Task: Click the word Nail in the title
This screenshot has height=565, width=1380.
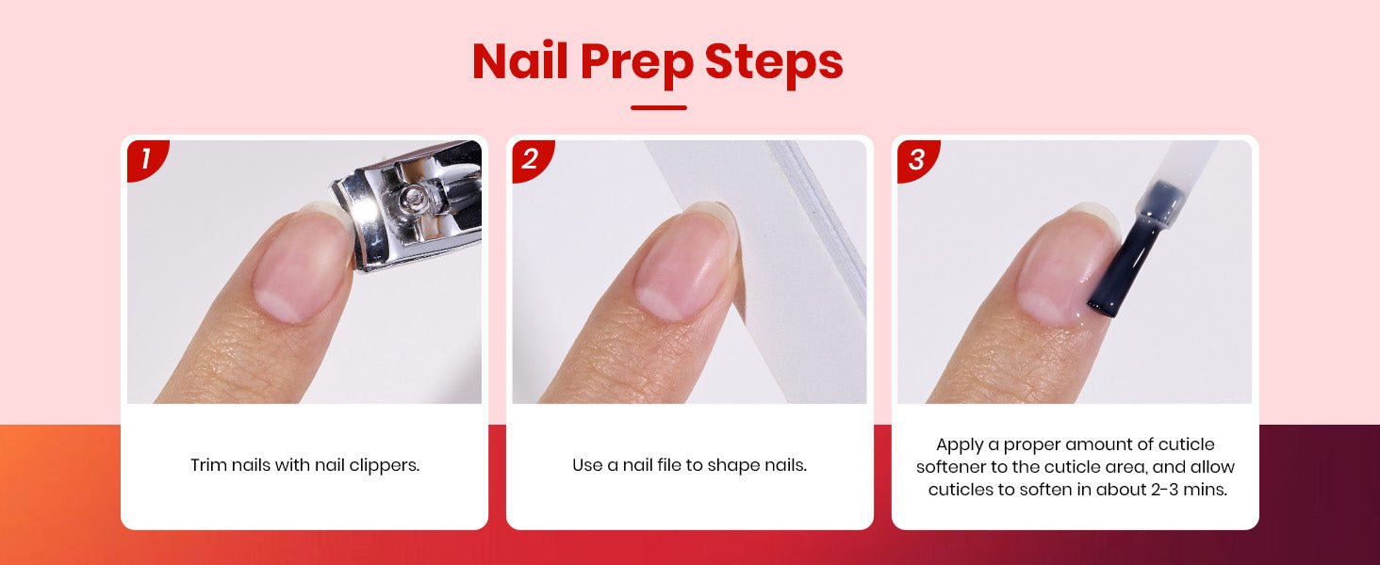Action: [x=520, y=61]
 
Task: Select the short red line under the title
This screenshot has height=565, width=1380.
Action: [x=659, y=107]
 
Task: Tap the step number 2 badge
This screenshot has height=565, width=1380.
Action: [x=531, y=159]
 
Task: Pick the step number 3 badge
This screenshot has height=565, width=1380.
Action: [x=916, y=159]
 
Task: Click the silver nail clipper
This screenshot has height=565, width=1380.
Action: [x=410, y=203]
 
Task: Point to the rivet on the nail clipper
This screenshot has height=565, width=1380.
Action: [x=412, y=197]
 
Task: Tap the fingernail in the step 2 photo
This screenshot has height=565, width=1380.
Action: [x=683, y=262]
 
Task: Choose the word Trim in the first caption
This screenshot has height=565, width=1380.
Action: [x=208, y=465]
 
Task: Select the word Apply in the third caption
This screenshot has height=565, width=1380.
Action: [x=960, y=445]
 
